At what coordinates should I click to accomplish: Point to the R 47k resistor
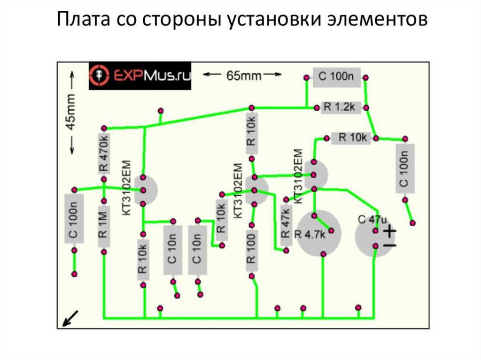[x=285, y=225]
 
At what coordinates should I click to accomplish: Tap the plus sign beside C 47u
[x=390, y=231]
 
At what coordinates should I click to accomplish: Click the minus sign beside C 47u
[x=390, y=245]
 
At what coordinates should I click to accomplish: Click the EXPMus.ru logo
[x=140, y=75]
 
